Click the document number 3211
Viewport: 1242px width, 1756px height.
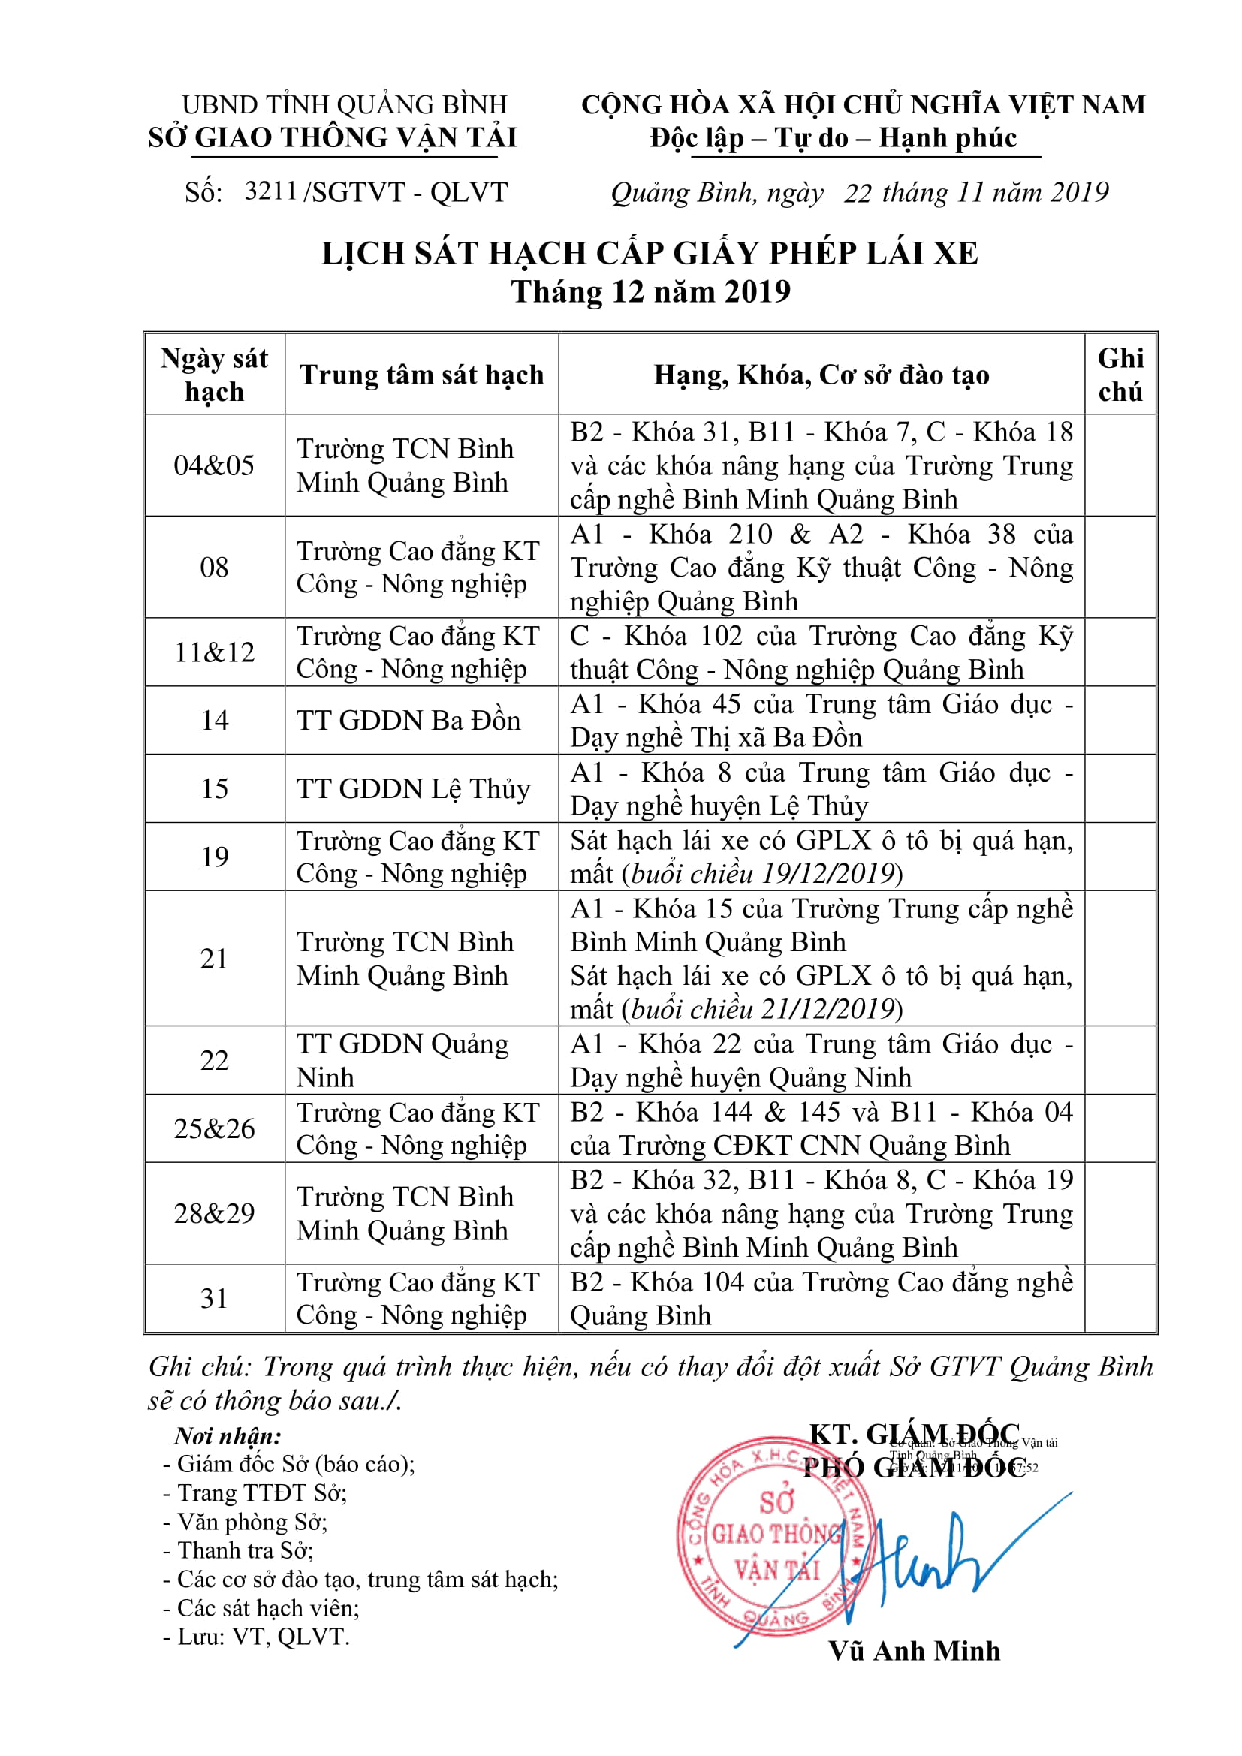pos(270,191)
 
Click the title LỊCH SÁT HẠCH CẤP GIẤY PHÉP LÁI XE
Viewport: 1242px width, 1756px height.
pos(650,253)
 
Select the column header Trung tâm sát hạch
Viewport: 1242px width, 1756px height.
pos(421,375)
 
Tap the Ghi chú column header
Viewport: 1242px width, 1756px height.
pos(1120,375)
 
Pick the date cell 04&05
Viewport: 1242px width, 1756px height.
pos(214,465)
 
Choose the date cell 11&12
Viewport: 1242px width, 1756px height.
pos(214,652)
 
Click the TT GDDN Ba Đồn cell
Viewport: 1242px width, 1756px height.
pos(408,721)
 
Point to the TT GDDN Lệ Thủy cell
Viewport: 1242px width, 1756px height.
pos(413,788)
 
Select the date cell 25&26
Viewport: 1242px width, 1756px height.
pos(214,1129)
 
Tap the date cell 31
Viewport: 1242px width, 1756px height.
pos(214,1299)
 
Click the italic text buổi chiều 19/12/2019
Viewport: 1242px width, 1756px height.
pos(763,873)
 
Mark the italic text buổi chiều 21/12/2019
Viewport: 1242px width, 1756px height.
pos(763,1010)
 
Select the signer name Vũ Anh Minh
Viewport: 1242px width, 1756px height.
pos(914,1651)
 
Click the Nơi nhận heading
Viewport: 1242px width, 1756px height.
pos(228,1435)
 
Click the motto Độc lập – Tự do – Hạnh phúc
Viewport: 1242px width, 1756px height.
pos(833,138)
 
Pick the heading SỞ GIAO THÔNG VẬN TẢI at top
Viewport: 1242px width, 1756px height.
pos(333,137)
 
